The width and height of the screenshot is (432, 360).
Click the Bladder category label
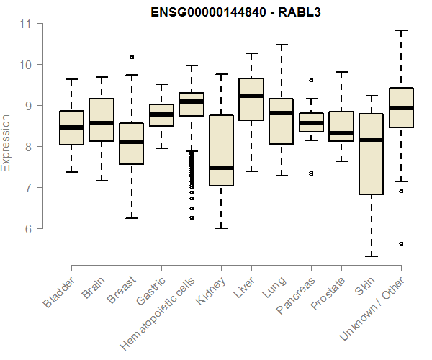tap(59, 292)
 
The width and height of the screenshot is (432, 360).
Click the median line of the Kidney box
tap(221, 168)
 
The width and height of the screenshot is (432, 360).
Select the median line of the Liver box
tap(251, 96)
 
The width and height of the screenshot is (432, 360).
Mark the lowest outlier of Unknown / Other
tap(401, 244)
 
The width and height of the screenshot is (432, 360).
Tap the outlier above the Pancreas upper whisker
tap(311, 80)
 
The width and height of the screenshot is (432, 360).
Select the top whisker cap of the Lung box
tap(281, 45)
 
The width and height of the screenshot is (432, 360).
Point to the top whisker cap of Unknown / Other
tap(401, 30)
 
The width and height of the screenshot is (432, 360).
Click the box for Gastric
tap(161, 115)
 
